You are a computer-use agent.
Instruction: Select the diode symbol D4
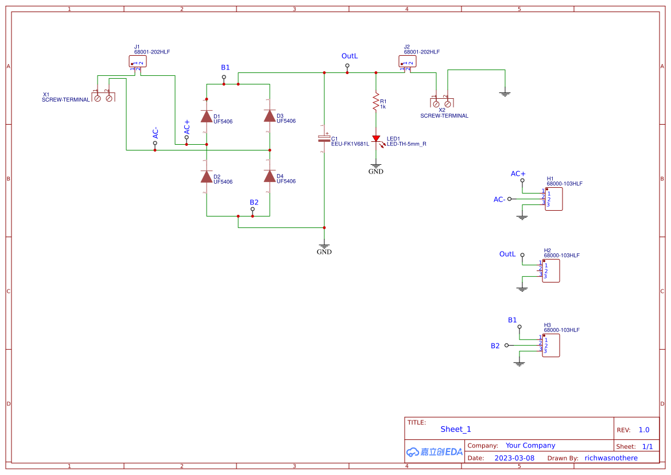270,176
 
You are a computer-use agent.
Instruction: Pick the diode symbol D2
207,176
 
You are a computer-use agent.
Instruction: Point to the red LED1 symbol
376,139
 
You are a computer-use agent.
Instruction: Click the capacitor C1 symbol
324,138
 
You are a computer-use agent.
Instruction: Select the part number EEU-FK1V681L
350,144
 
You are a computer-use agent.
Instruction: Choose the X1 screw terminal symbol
103,98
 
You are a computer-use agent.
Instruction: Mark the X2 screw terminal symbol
441,103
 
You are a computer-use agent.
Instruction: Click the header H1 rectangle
553,199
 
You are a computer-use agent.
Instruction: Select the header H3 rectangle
550,345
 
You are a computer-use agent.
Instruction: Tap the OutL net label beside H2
507,254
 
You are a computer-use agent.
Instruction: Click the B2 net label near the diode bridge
254,202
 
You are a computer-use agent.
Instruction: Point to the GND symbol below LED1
376,167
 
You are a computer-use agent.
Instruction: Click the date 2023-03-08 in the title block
514,458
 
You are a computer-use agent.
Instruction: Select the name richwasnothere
611,458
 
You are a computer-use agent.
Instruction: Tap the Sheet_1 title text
456,429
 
